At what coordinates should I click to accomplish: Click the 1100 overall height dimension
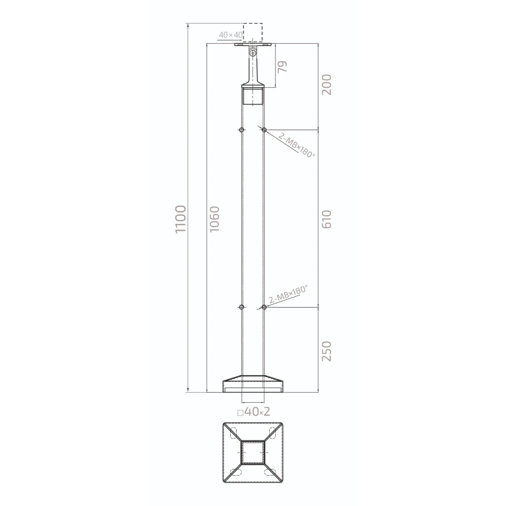coord(180,219)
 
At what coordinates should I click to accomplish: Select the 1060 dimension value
coord(215,219)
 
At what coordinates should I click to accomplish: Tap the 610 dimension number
coord(327,219)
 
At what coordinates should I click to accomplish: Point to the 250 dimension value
coord(327,351)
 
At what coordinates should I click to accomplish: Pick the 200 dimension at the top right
coord(327,84)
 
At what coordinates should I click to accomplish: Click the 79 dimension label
coord(282,67)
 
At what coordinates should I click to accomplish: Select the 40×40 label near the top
coord(231,34)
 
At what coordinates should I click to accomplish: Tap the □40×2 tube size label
coord(253,412)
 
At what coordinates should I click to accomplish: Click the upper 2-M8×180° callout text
coord(296,145)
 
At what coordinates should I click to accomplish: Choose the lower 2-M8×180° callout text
coord(288,294)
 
